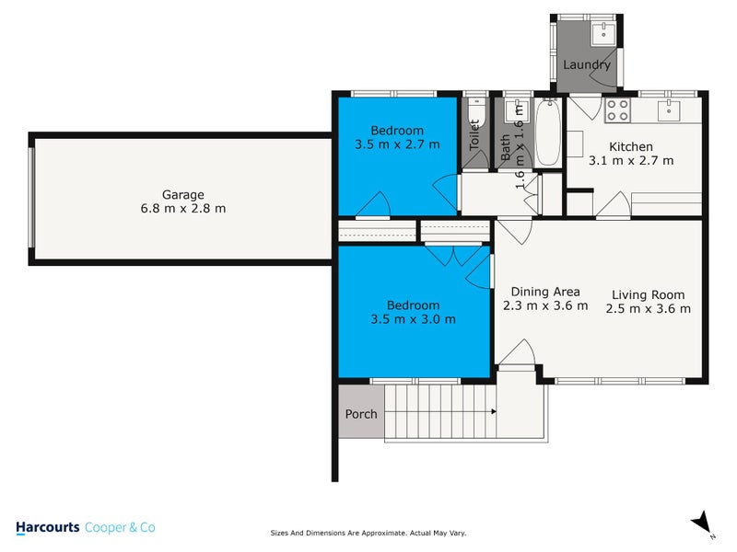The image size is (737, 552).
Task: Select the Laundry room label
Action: (x=587, y=65)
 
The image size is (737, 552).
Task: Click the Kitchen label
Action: (x=631, y=146)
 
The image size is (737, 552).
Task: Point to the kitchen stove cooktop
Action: (x=617, y=110)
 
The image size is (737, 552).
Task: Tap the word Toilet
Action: (x=475, y=139)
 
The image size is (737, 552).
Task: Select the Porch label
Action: (x=361, y=414)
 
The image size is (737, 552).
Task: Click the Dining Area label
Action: (x=545, y=293)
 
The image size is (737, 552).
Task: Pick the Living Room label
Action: (x=649, y=295)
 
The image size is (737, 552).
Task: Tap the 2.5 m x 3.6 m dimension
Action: (x=649, y=309)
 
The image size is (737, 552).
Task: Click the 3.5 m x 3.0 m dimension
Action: (x=413, y=319)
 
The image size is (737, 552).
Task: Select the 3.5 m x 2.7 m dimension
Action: (x=397, y=144)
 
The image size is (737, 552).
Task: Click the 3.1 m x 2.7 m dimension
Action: (x=631, y=160)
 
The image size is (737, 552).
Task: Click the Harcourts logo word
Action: (x=48, y=527)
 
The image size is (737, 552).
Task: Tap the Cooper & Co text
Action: (x=120, y=527)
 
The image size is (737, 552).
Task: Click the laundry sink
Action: (x=604, y=36)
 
